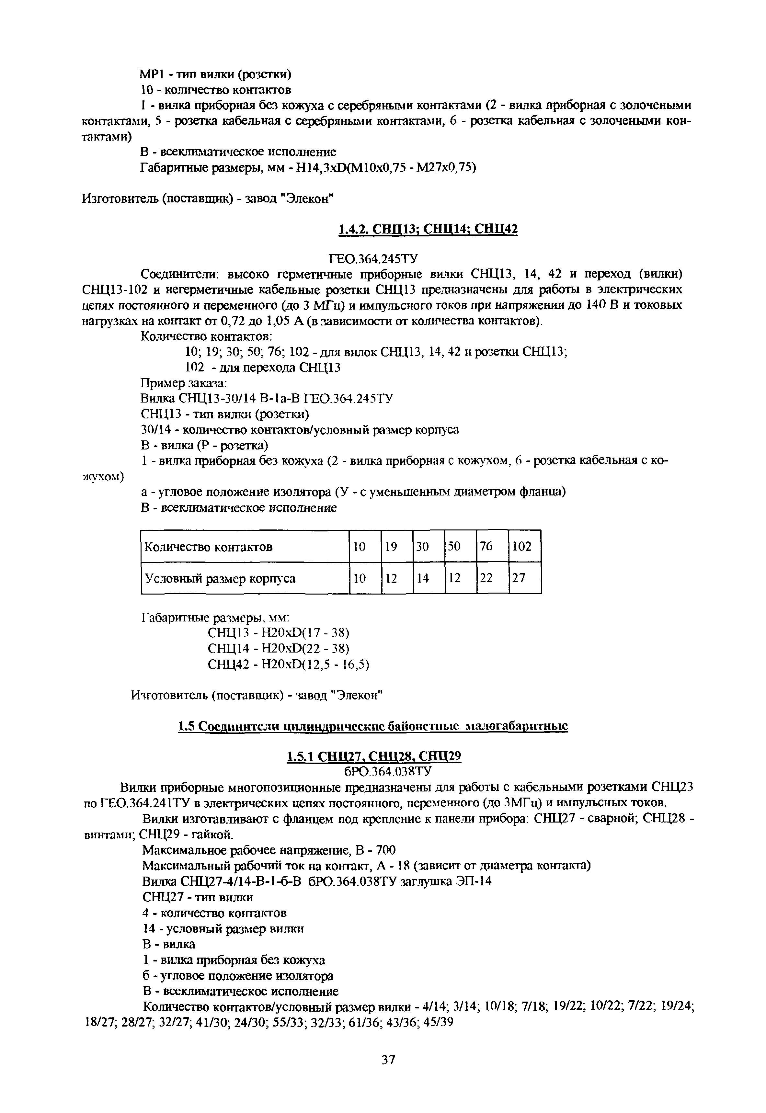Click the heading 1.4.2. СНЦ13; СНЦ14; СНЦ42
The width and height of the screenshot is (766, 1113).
(x=428, y=230)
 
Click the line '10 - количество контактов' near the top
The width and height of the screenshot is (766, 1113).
(x=215, y=90)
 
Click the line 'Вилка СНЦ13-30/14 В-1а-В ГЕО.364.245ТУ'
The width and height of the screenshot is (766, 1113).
(x=267, y=398)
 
